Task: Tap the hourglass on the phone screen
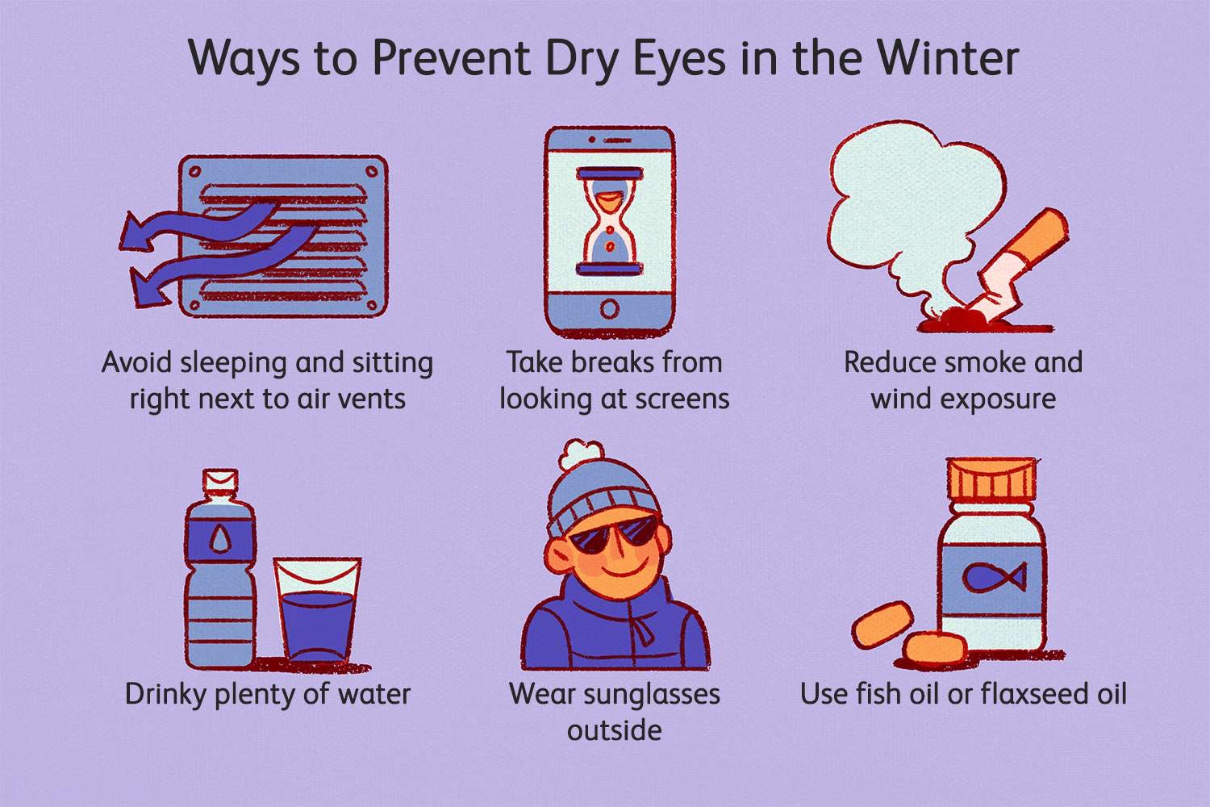pyautogui.click(x=610, y=221)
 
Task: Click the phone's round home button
pyautogui.click(x=610, y=308)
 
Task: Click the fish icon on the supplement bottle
pyautogui.click(x=993, y=576)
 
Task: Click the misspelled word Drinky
pyautogui.click(x=166, y=695)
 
